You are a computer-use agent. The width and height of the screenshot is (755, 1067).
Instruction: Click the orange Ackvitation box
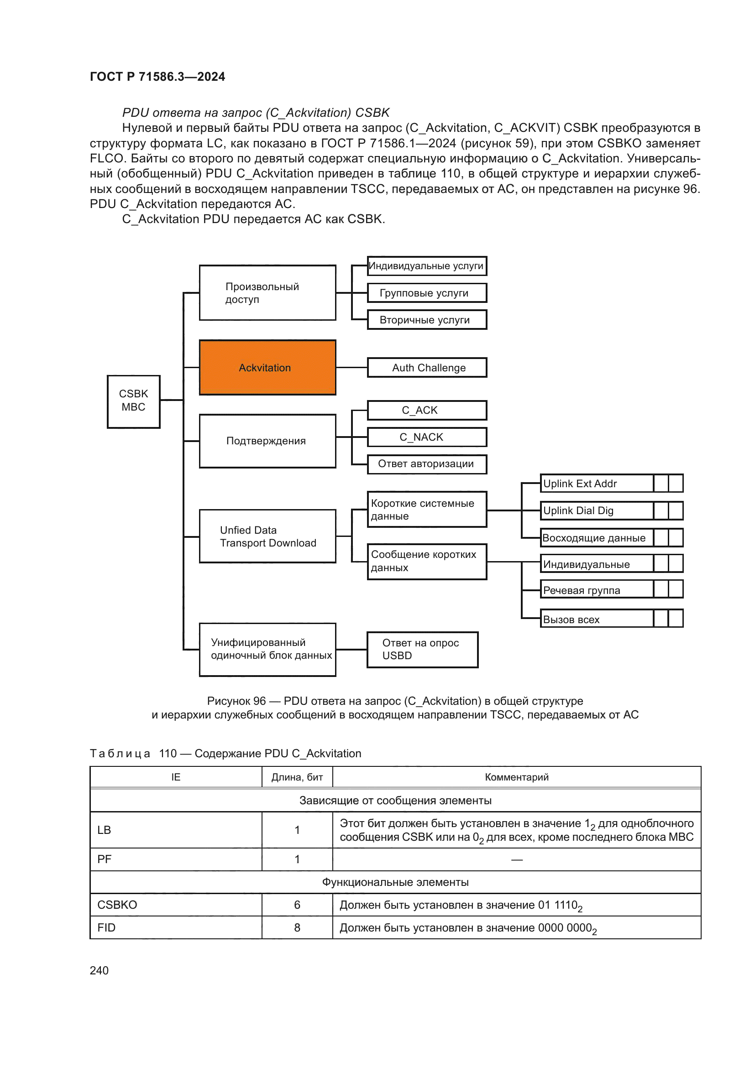[x=267, y=368]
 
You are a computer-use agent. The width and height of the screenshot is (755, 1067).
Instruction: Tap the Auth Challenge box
[x=427, y=368]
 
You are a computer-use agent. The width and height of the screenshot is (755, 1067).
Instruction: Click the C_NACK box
[x=427, y=437]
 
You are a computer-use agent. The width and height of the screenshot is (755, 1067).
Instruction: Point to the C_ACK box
[x=427, y=411]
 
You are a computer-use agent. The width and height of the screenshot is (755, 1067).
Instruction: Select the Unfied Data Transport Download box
[x=267, y=536]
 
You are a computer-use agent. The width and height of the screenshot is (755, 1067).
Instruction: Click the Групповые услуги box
[x=427, y=293]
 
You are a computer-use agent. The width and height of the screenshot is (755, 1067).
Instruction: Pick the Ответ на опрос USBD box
[x=422, y=650]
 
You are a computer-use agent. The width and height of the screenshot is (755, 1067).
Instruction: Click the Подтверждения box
[x=267, y=441]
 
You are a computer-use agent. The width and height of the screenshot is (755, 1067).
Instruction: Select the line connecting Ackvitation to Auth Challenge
[x=351, y=368]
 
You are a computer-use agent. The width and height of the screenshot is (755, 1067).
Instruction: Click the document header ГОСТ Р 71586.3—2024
[x=157, y=77]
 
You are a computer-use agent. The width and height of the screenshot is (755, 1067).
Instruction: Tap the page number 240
[x=99, y=970]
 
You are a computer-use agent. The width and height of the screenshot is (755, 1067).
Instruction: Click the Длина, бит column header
[x=297, y=777]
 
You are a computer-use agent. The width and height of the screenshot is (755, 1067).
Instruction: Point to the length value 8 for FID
[x=297, y=927]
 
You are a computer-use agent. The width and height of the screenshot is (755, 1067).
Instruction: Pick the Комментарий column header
[x=517, y=777]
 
